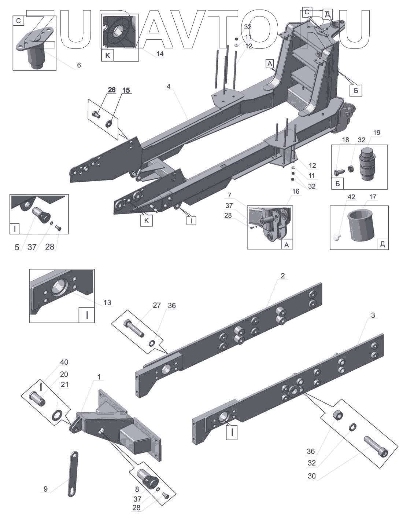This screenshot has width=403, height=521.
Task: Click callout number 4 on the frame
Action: [168, 87]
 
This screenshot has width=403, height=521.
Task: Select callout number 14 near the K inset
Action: [160, 54]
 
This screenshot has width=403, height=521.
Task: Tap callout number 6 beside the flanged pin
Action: [79, 65]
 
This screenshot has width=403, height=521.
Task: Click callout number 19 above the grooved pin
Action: [377, 133]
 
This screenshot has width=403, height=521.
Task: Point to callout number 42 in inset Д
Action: [351, 197]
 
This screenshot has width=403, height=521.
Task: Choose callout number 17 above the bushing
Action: [373, 197]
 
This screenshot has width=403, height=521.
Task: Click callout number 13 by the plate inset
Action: [107, 303]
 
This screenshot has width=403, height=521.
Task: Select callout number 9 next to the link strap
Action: [45, 489]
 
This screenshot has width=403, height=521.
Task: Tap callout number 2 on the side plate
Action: [282, 276]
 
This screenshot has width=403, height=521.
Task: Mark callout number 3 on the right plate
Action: [373, 316]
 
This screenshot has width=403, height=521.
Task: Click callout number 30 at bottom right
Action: [312, 477]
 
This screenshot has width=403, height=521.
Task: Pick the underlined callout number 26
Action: [111, 90]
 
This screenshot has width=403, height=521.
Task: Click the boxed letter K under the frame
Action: [146, 221]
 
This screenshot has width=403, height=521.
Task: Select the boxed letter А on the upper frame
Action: [270, 64]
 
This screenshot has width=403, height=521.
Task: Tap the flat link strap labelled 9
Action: [73, 474]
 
